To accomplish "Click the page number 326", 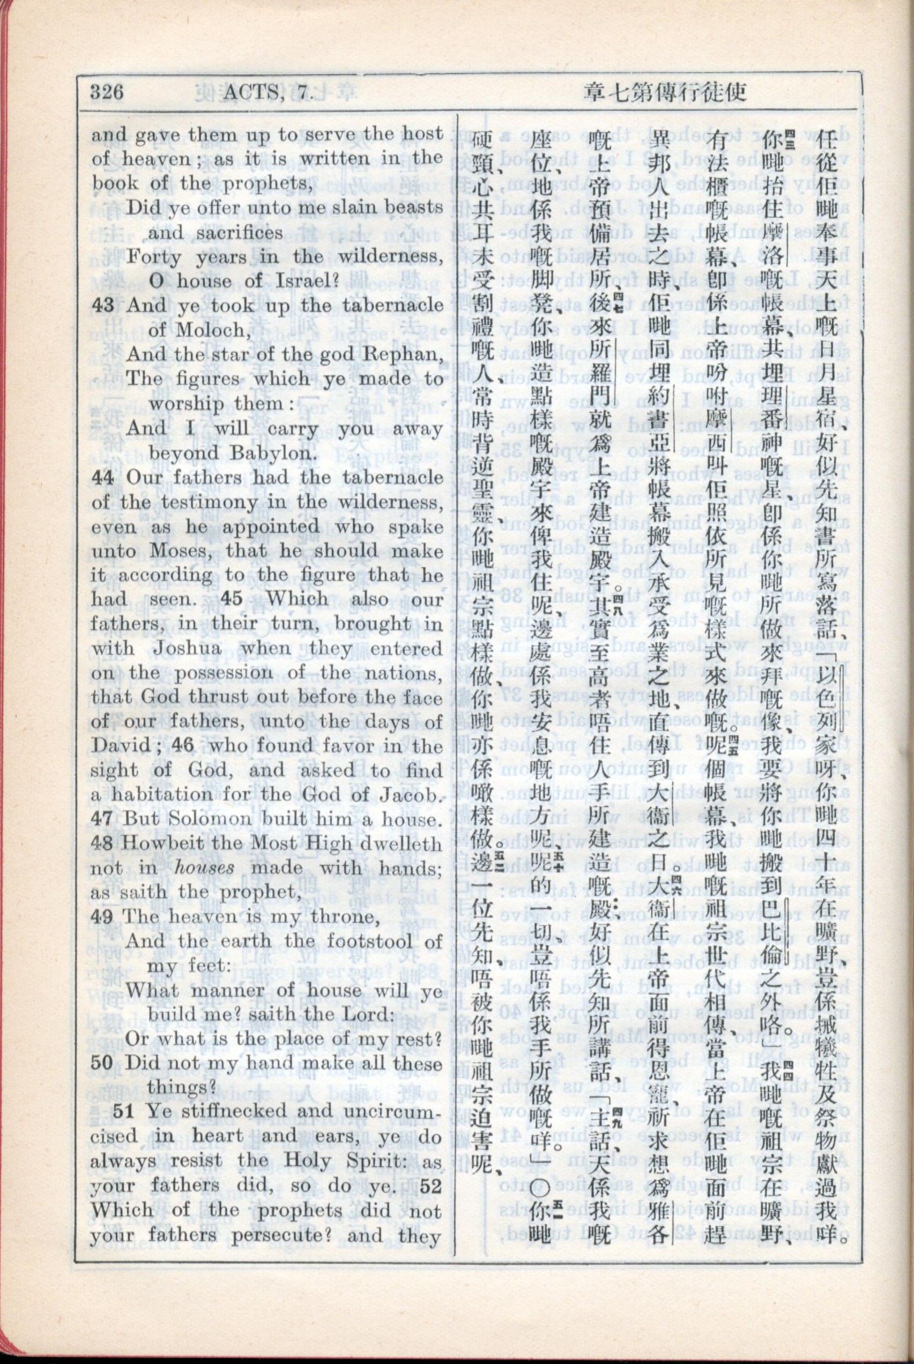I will (107, 92).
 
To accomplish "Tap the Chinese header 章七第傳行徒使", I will (665, 92).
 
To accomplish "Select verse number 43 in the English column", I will (102, 306).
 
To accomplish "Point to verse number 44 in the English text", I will (102, 477).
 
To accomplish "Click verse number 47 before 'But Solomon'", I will (102, 820).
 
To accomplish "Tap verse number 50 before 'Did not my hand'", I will (102, 1063).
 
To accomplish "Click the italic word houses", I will (205, 868).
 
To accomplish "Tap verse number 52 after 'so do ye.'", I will (429, 1186).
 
